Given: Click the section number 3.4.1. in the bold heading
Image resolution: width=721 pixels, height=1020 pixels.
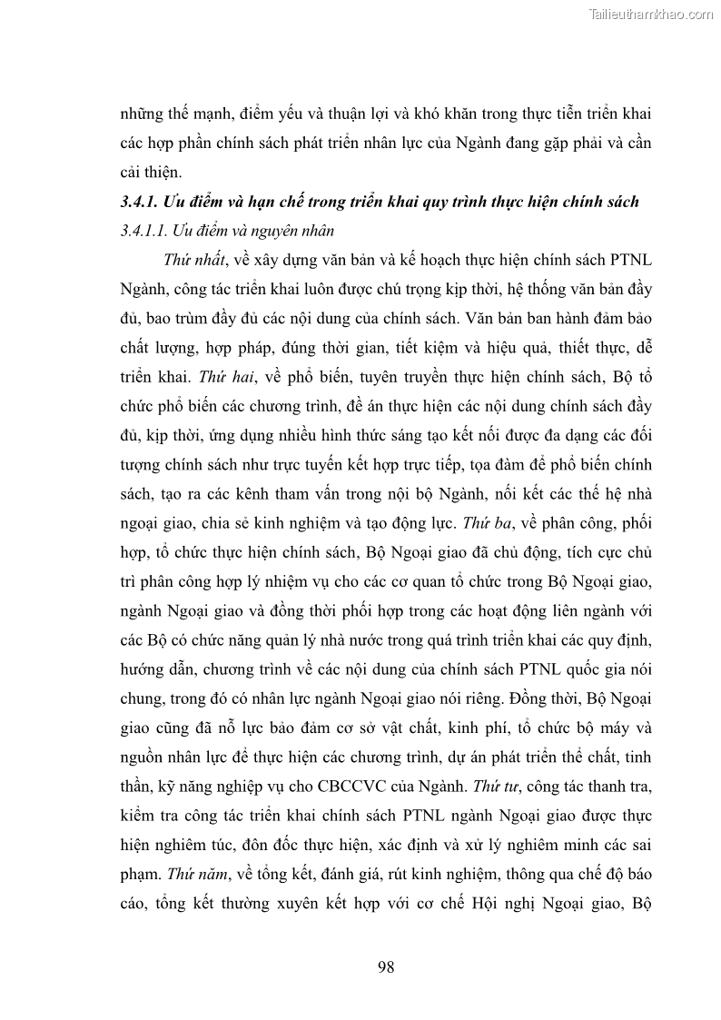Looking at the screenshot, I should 142,202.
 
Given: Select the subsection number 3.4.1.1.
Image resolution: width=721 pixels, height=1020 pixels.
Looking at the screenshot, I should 146,231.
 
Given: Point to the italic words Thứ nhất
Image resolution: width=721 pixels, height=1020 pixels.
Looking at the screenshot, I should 194,260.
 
